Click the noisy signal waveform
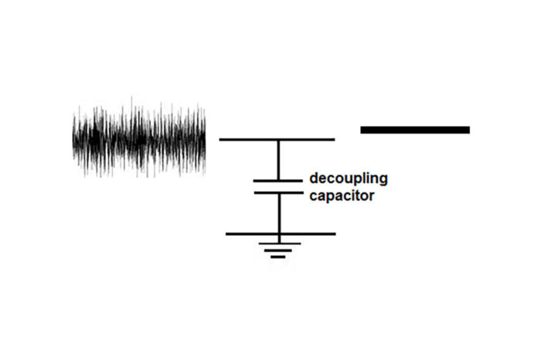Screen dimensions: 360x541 139,139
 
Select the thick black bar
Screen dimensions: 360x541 415,130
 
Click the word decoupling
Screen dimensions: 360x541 348,179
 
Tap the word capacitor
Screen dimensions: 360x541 342,196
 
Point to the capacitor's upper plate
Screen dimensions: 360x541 279,181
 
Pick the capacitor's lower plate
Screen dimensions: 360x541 279,193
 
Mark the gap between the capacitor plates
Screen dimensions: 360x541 279,187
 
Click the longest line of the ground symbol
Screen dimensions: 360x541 279,243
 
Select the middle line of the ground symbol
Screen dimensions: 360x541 279,250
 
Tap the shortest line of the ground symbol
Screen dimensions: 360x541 279,256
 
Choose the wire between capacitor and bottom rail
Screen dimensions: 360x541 279,213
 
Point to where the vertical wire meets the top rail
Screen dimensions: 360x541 279,140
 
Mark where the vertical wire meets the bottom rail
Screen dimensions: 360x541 279,233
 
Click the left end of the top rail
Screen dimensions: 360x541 221,140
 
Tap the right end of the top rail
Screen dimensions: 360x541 333,140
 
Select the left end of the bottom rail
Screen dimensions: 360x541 227,233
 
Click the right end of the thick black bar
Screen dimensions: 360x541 468,130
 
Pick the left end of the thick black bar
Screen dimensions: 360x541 362,130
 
